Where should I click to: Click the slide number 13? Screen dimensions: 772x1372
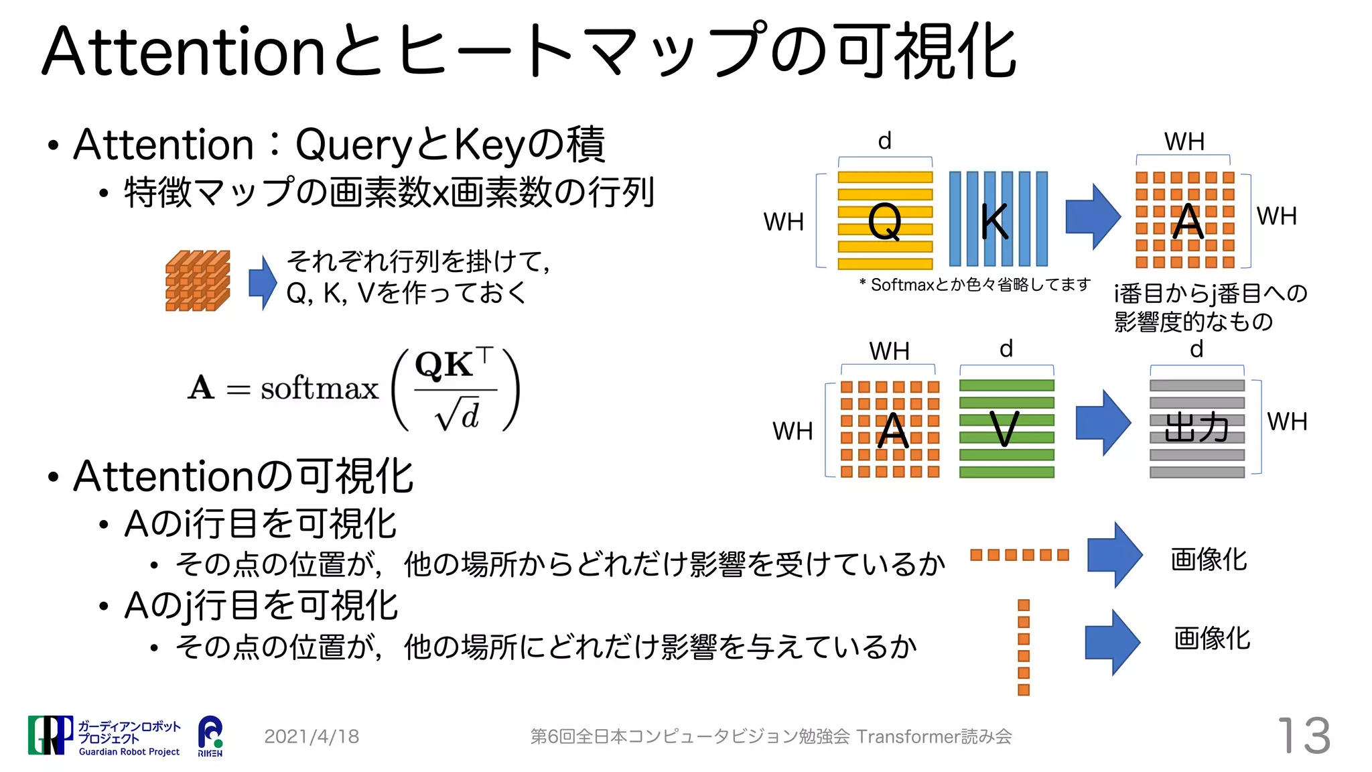(1304, 736)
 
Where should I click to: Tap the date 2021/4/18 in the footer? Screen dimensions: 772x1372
(312, 736)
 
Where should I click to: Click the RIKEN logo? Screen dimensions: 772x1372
(210, 735)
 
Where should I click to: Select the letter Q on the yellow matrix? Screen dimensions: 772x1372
(884, 221)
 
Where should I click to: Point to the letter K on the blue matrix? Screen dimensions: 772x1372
(994, 221)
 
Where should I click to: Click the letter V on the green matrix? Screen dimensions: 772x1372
(1005, 429)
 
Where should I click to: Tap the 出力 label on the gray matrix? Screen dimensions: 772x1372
(1196, 428)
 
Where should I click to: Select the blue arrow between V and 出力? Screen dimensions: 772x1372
(1103, 423)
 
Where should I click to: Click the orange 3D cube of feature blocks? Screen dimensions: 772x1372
(198, 281)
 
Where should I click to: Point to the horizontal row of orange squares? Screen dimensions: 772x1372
(1019, 555)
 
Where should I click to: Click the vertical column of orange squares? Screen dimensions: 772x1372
(1023, 647)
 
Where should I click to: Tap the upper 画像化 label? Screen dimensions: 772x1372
(1209, 559)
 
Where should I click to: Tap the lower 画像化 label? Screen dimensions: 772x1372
(1211, 638)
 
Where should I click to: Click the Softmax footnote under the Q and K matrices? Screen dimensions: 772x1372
(975, 285)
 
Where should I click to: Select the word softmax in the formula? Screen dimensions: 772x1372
(319, 389)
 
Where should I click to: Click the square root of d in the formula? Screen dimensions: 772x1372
(458, 415)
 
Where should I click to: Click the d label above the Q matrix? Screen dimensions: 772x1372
(884, 141)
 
